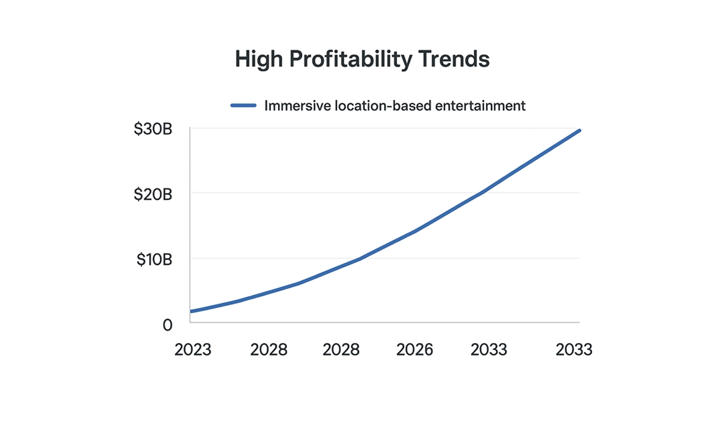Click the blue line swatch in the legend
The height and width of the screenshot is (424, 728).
pyautogui.click(x=244, y=106)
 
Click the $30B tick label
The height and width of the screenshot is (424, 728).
pyautogui.click(x=153, y=130)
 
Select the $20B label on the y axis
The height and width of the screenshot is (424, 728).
pyautogui.click(x=153, y=194)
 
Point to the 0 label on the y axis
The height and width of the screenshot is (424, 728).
pyautogui.click(x=168, y=325)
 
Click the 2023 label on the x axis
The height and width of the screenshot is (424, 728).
pyautogui.click(x=193, y=350)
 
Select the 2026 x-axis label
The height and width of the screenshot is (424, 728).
pyautogui.click(x=415, y=350)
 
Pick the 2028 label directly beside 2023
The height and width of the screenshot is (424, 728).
pyautogui.click(x=269, y=350)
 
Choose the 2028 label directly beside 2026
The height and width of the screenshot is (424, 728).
pyautogui.click(x=341, y=350)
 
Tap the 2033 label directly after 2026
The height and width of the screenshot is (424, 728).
pyautogui.click(x=489, y=350)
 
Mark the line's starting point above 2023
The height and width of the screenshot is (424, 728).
pyautogui.click(x=192, y=311)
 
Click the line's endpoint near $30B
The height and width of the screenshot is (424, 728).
pyautogui.click(x=579, y=130)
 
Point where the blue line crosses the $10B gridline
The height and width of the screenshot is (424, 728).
pyautogui.click(x=360, y=259)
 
